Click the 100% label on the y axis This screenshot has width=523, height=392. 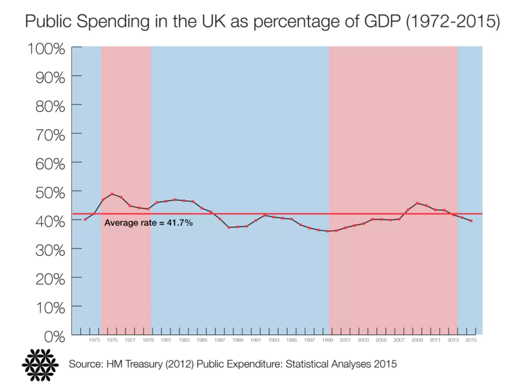tap(46, 49)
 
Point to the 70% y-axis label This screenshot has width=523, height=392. tap(50, 135)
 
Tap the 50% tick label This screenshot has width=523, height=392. tap(50, 193)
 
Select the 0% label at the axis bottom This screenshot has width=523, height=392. tap(54, 337)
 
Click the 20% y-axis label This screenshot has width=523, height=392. tap(50, 279)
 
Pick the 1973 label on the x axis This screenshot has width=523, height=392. tap(94, 340)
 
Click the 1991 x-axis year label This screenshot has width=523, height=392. tap(256, 340)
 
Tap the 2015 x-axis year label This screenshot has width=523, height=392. tap(471, 340)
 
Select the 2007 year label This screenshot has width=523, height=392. tap(399, 340)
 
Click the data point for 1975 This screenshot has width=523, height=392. tap(112, 194)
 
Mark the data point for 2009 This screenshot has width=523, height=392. tap(417, 203)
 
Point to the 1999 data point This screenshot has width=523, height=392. tap(327, 231)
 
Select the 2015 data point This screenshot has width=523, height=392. tap(471, 221)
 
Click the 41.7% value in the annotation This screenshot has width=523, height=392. tap(180, 223)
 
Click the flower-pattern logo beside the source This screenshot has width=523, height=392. tap(40, 365)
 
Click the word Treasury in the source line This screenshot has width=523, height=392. tap(144, 364)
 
